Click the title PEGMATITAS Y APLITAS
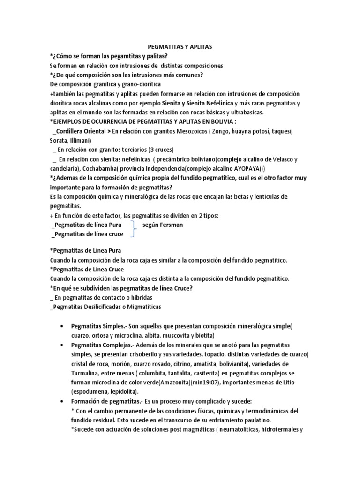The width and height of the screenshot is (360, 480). coord(180,47)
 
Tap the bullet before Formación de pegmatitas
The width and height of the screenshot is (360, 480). coord(62,401)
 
